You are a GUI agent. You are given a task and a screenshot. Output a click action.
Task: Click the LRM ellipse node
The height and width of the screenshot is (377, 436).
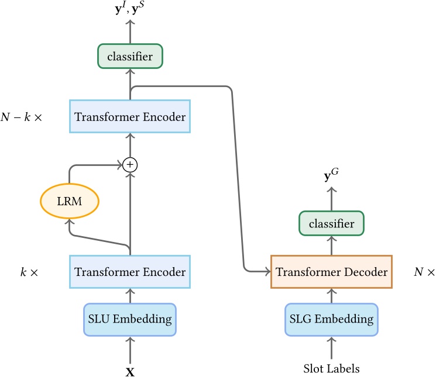[69, 202]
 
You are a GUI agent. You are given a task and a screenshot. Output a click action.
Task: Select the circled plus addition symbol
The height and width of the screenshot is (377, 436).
[130, 165]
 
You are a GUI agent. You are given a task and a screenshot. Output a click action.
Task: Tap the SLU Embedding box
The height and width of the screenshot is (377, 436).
[130, 319]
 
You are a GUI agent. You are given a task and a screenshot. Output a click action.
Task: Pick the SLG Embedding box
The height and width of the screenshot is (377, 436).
[331, 319]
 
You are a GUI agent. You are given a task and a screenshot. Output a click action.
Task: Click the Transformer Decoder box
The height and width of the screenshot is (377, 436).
[331, 272]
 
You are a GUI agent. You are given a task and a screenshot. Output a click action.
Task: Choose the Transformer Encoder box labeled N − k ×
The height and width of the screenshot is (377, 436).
[130, 117]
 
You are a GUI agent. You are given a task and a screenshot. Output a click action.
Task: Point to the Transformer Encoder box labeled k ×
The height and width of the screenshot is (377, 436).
[130, 272]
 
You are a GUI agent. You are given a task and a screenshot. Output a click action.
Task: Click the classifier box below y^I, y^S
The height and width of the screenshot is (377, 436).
[130, 57]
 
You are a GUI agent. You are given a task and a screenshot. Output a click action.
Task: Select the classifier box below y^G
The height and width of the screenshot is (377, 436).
[331, 224]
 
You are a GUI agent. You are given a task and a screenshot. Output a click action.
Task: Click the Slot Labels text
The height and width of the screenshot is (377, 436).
[331, 369]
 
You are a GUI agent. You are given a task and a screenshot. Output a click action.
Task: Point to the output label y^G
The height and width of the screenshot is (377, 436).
[331, 174]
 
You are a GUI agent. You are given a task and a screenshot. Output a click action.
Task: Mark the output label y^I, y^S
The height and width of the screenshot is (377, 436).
[130, 8]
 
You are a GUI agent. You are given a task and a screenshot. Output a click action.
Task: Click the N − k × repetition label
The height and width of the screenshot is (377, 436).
[29, 117]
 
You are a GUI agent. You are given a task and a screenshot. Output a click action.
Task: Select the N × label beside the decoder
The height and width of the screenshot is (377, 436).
[424, 272]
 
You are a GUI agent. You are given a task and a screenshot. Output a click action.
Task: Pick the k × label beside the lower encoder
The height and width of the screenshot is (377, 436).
[29, 272]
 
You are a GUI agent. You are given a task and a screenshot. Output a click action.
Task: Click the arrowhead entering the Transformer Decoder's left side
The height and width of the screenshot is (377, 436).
[266, 272]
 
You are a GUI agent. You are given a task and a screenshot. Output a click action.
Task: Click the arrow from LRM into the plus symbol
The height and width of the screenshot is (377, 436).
[99, 165]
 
